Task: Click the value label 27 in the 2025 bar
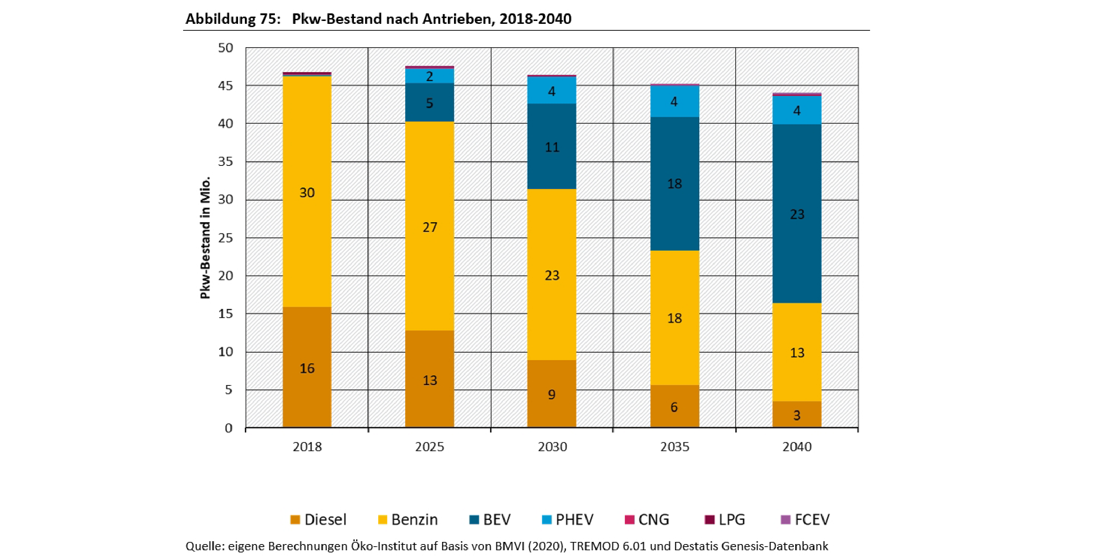430,227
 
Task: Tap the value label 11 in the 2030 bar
552,147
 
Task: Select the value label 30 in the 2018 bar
307,193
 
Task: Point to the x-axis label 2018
307,447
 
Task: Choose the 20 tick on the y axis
225,276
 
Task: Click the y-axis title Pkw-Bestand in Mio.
205,237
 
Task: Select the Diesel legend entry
319,519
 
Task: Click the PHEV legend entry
568,519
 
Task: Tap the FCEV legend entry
805,519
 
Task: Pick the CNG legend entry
647,519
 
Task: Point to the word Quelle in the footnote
205,546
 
